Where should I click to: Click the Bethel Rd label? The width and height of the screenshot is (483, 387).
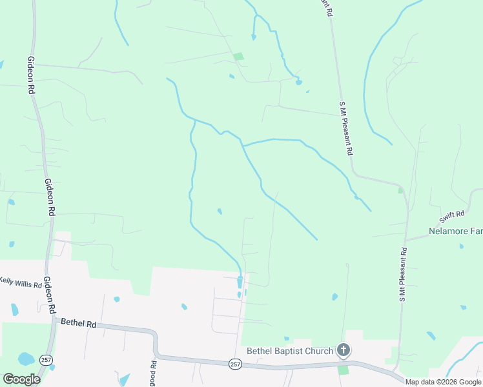(x=77, y=323)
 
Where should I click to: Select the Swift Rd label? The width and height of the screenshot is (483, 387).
(x=453, y=215)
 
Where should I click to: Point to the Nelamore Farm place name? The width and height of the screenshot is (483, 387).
(x=456, y=231)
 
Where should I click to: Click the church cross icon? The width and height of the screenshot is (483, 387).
(x=344, y=351)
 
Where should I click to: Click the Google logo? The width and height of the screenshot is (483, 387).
(x=21, y=379)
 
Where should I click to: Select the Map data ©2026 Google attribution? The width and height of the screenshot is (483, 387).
(x=443, y=382)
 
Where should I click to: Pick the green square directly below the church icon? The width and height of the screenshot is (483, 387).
(x=343, y=370)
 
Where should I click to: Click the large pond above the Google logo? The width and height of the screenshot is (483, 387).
(x=26, y=359)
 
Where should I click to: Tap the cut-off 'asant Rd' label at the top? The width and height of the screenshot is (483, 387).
(x=327, y=8)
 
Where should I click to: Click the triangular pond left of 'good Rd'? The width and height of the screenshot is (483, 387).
(x=124, y=379)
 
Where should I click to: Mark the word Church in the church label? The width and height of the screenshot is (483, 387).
(x=319, y=351)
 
